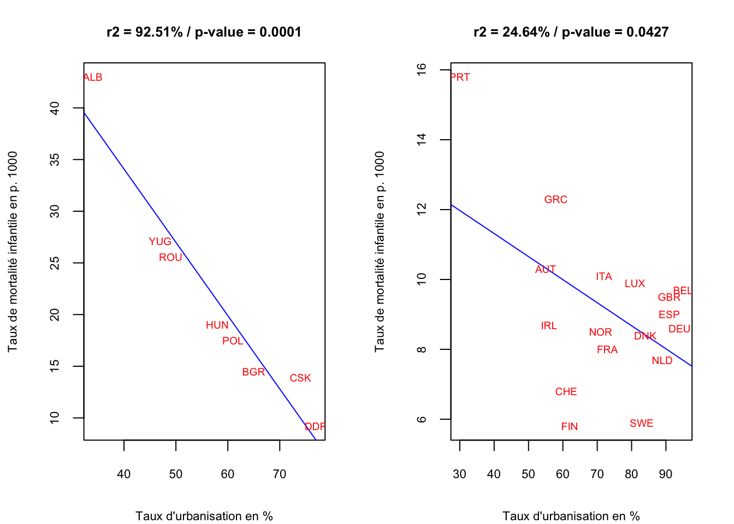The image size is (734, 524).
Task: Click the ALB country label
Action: click(93, 78)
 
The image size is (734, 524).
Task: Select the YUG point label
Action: click(160, 241)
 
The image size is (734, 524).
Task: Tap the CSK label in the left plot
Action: click(300, 378)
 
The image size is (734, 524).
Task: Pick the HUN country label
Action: click(217, 325)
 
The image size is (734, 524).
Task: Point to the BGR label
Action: click(253, 372)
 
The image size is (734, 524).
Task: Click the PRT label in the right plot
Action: click(460, 78)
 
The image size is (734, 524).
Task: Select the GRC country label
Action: click(556, 200)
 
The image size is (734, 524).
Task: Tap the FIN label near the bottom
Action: click(569, 427)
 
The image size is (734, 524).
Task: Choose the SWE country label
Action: click(641, 424)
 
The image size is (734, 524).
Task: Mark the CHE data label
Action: click(566, 392)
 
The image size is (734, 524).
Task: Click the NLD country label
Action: click(662, 361)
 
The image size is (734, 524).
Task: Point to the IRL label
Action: click(549, 326)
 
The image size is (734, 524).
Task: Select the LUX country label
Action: click(635, 284)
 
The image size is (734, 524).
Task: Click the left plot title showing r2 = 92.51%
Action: click(204, 32)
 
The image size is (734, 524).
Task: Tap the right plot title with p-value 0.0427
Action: click(571, 32)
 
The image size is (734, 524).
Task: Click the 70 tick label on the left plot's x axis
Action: click(280, 474)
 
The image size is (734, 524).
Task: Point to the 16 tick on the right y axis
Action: click(421, 69)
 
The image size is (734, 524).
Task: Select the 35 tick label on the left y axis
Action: click(55, 159)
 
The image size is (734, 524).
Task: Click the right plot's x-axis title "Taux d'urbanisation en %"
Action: click(571, 516)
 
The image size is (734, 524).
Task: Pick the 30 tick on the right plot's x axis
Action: click(460, 474)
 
